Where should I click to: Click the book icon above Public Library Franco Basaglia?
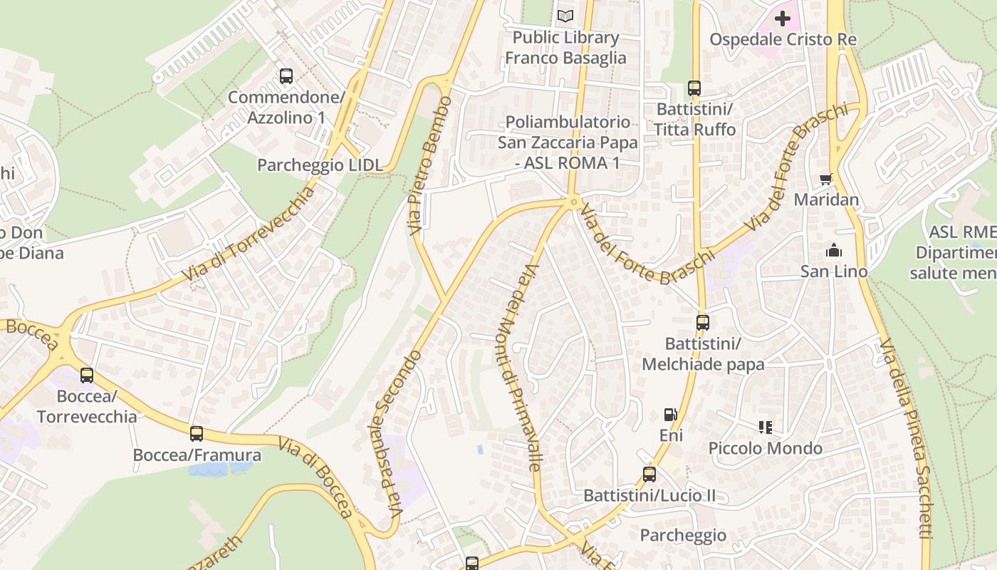tap(565, 16)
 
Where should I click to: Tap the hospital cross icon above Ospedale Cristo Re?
tap(783, 19)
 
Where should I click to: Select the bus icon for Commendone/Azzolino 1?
tap(286, 76)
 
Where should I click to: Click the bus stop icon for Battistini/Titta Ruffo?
tap(694, 88)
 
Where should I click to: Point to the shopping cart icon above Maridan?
tap(826, 179)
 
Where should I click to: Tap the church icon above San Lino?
tap(834, 250)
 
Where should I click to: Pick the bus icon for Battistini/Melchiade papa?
tap(703, 322)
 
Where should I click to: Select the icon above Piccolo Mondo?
tap(766, 427)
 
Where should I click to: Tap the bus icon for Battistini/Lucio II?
tap(649, 474)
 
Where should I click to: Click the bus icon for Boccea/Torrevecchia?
tap(87, 375)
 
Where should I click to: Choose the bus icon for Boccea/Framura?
tap(197, 433)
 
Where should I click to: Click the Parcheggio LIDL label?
tap(320, 165)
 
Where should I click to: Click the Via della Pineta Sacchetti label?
tap(906, 438)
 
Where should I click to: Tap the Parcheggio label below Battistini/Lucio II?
tap(683, 535)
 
